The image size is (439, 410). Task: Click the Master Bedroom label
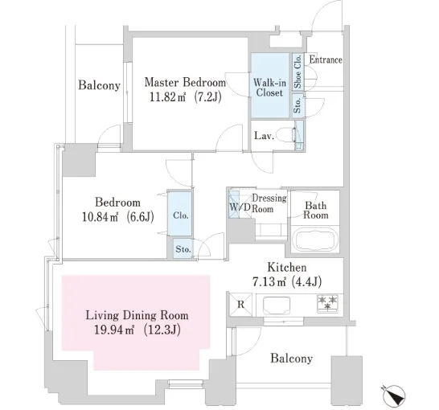(x=185, y=83)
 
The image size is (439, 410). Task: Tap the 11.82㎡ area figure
(x=167, y=97)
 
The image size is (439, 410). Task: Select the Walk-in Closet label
(x=269, y=88)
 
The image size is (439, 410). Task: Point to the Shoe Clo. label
(x=297, y=71)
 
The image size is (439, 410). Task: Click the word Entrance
(x=326, y=59)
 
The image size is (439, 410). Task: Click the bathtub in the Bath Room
(x=315, y=240)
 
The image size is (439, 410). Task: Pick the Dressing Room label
(x=269, y=203)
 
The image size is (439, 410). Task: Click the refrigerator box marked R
(x=240, y=305)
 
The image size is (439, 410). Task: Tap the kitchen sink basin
(x=277, y=305)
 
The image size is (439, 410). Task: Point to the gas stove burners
(x=327, y=303)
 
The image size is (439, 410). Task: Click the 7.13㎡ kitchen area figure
(x=269, y=282)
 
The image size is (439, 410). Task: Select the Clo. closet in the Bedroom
(x=180, y=214)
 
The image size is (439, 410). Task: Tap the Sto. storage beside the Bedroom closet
(x=183, y=248)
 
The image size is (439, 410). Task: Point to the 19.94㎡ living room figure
(x=114, y=330)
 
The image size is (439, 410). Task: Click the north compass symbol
(x=393, y=396)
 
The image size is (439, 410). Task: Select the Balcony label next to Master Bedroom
(x=99, y=85)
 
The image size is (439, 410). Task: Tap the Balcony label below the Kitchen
(x=291, y=359)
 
